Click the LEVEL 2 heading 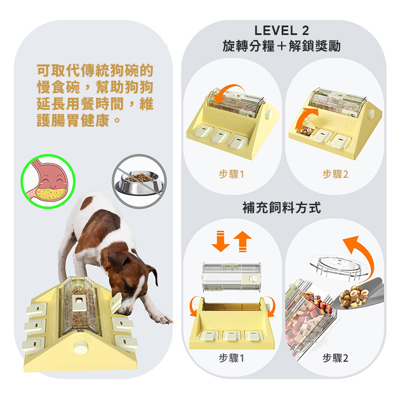(282, 31)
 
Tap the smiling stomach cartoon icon (48, 181)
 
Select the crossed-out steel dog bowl (139, 181)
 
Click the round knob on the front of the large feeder (81, 347)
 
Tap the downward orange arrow (221, 241)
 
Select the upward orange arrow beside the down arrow (242, 242)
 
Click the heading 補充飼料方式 (282, 207)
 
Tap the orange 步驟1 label (232, 174)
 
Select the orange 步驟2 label (335, 174)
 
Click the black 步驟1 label (232, 358)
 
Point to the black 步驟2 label (335, 358)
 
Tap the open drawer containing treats (307, 130)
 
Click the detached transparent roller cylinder (231, 277)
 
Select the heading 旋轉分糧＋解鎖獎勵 (282, 46)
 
